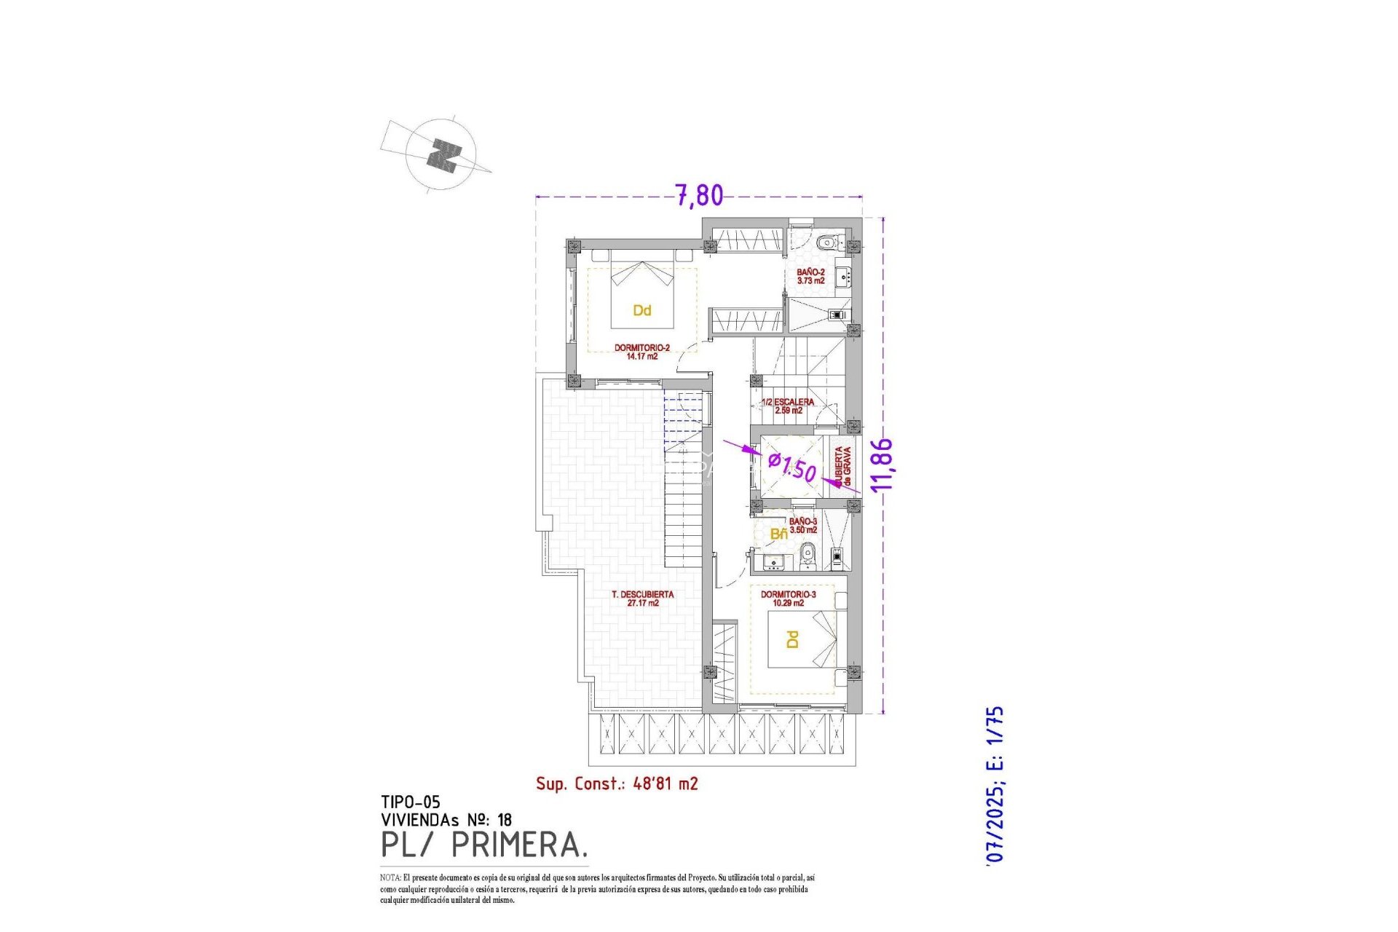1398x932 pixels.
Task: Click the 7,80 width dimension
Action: click(699, 195)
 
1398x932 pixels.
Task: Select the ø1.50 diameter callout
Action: click(792, 466)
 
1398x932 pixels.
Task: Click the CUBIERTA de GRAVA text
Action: click(843, 467)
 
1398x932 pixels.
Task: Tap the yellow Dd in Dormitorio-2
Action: click(641, 310)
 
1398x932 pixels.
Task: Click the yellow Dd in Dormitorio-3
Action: click(793, 639)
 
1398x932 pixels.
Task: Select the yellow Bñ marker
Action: click(778, 534)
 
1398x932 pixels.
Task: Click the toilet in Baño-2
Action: click(826, 242)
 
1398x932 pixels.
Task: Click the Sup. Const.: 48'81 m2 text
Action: click(617, 783)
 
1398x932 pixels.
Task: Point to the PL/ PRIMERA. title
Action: click(484, 845)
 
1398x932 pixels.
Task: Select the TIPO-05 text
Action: click(410, 802)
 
